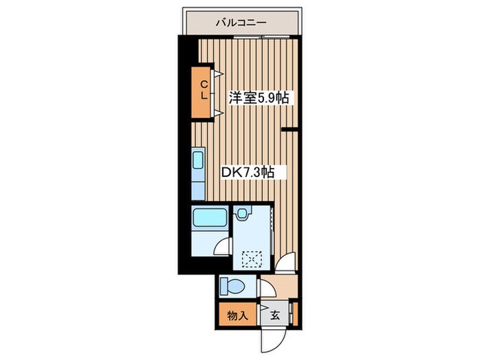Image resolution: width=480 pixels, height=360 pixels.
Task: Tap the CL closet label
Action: click(204, 90)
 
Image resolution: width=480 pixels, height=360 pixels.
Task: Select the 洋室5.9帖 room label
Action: click(259, 98)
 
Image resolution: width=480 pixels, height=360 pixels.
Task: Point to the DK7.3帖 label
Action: click(248, 173)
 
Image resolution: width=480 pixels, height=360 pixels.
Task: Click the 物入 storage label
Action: click(237, 315)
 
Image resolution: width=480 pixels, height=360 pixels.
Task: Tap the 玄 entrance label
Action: click(275, 315)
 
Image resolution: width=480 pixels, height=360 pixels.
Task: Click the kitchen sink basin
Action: click(197, 160)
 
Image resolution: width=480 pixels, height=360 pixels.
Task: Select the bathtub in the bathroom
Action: click(209, 217)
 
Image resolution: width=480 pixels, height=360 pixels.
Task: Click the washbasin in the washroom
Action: click(242, 213)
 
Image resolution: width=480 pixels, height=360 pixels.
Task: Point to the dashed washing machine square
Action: click(252, 260)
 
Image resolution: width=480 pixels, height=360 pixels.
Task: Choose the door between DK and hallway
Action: click(285, 262)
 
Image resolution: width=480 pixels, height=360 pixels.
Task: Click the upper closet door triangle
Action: click(217, 73)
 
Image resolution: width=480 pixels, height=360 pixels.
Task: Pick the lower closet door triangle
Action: click(217, 113)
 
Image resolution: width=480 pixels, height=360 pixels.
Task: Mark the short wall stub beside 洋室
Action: click(289, 130)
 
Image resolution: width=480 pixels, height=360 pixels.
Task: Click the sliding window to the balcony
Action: click(262, 37)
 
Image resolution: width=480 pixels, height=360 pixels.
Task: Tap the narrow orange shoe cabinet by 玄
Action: click(295, 314)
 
